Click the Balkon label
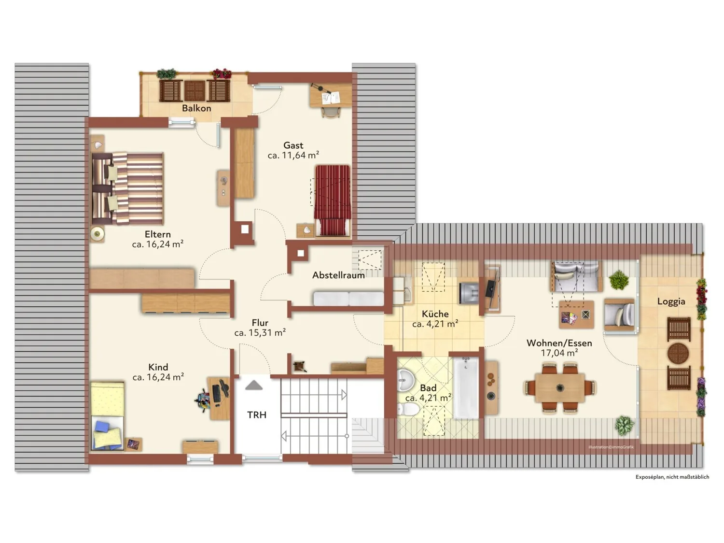click(x=196, y=108)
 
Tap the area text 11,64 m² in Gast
click(x=300, y=155)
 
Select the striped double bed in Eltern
click(x=127, y=189)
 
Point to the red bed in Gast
click(x=333, y=200)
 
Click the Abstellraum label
click(x=338, y=275)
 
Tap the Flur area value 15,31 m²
click(x=267, y=333)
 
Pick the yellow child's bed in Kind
click(x=108, y=415)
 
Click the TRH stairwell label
click(x=257, y=415)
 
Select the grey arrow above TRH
click(x=254, y=385)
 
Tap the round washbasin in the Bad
click(x=405, y=380)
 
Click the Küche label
click(x=435, y=314)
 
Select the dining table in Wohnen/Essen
click(x=560, y=387)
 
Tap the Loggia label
click(x=671, y=301)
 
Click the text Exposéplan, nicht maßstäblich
click(x=672, y=477)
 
